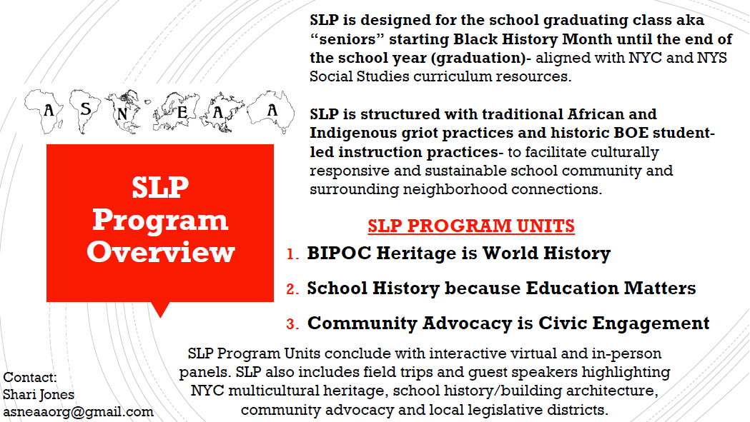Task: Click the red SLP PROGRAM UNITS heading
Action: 471,226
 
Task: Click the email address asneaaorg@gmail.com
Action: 79,412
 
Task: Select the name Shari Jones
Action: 39,395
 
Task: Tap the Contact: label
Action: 30,378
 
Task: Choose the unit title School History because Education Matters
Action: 501,288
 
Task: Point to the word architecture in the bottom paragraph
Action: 612,391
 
